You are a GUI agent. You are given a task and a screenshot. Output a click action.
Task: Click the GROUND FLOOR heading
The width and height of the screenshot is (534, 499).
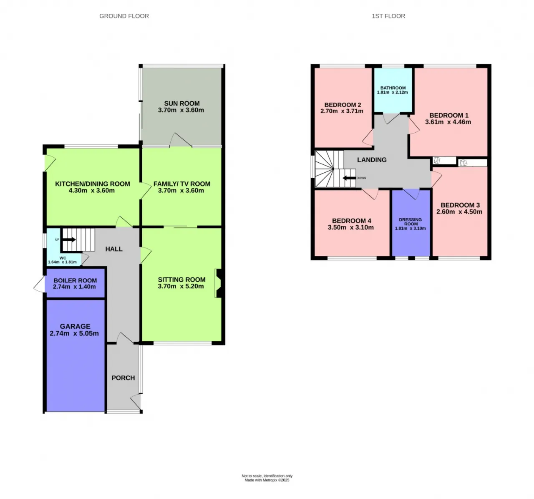tap(124, 16)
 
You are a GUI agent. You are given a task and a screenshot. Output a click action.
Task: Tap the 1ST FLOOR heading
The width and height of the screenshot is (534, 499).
tap(388, 16)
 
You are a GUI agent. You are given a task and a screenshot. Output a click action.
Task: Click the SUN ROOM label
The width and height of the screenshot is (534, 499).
tap(182, 103)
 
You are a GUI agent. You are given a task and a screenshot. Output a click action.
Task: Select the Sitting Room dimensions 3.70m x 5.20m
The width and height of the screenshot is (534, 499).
tap(181, 286)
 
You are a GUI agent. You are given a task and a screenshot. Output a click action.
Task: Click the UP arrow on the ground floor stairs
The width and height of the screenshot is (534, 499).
tap(69, 239)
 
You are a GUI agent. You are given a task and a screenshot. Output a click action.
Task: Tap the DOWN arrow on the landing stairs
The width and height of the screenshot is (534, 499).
tap(349, 178)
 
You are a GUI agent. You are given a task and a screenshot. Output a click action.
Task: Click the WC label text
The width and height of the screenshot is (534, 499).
tap(63, 258)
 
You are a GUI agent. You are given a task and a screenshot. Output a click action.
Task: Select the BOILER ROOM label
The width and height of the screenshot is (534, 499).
tap(75, 280)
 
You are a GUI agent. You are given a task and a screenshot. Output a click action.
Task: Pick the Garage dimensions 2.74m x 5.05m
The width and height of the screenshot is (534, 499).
tap(74, 333)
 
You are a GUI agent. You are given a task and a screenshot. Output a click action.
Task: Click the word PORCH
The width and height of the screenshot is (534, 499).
tap(123, 378)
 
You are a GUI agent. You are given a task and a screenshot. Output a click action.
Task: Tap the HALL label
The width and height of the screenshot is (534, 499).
tap(114, 249)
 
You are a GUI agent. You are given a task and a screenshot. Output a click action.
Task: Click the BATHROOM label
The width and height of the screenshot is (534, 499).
tap(393, 88)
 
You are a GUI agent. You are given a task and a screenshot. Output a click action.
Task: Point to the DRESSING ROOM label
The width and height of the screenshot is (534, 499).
tap(411, 222)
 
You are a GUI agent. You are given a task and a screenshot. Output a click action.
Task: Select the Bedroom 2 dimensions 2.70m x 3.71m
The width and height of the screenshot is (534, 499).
tap(342, 111)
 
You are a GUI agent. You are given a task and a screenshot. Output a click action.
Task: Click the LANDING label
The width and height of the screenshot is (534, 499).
tap(372, 160)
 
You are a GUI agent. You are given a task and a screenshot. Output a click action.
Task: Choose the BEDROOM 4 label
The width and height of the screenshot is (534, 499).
tap(351, 221)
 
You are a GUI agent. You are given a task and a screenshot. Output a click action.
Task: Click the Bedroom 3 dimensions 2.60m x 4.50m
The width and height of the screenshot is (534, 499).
tap(459, 212)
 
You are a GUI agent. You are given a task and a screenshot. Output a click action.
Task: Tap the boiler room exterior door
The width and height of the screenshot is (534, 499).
tap(39, 284)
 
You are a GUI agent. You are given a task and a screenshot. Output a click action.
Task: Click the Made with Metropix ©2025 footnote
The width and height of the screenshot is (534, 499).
tap(267, 480)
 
